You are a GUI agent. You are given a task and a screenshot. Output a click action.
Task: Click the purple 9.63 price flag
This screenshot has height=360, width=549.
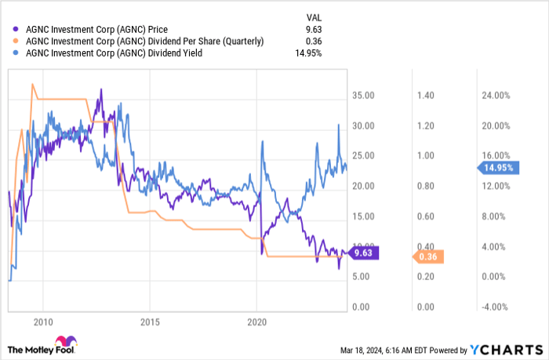(364, 253)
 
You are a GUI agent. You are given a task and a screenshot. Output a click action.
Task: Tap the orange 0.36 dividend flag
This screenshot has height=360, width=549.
(428, 256)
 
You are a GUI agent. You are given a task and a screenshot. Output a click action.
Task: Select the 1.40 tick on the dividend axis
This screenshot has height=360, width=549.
(426, 96)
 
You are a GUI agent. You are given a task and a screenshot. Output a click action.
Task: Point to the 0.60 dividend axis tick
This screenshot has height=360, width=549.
(426, 216)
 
